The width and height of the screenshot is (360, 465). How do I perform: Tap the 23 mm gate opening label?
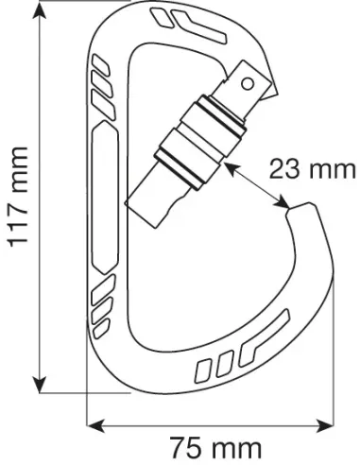[312, 169]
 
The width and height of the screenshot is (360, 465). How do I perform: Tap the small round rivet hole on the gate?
[251, 83]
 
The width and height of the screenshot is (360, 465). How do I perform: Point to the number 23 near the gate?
[286, 169]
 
